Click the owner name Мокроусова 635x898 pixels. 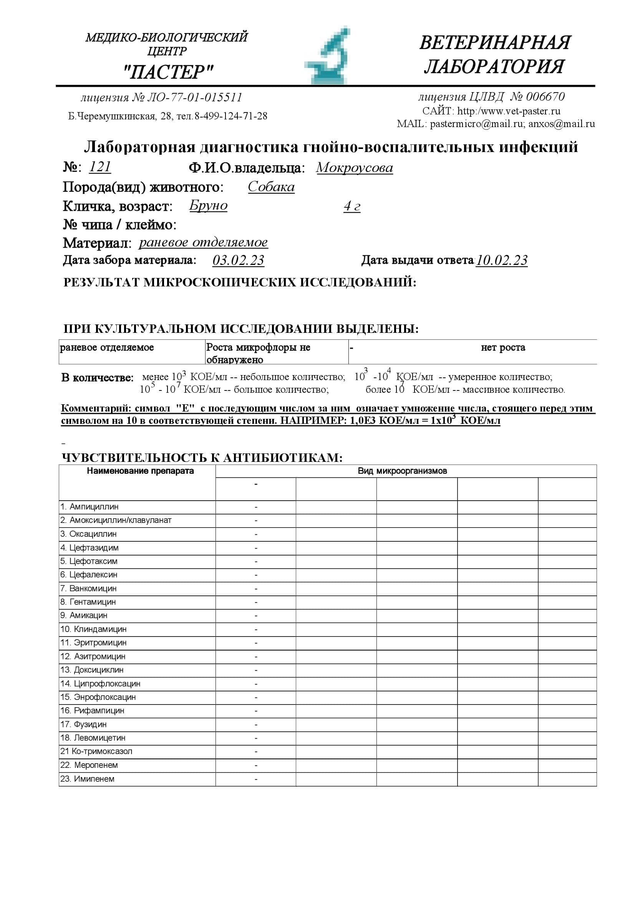[354, 168]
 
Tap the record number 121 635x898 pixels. [100, 167]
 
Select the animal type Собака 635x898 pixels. [271, 187]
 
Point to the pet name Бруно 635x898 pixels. [208, 206]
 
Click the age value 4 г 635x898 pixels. [352, 206]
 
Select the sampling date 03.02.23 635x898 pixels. [238, 260]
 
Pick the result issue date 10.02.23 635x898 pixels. [502, 260]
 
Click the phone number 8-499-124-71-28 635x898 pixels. [231, 116]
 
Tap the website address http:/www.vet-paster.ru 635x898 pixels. [509, 111]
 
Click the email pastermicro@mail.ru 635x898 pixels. [477, 124]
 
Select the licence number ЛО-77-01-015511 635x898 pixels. [194, 98]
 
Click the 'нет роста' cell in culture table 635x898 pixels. [503, 347]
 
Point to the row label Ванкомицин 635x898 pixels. [93, 588]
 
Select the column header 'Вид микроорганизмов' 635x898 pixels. [402, 471]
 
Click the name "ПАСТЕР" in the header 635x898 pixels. [168, 72]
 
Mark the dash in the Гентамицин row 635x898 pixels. [256, 602]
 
